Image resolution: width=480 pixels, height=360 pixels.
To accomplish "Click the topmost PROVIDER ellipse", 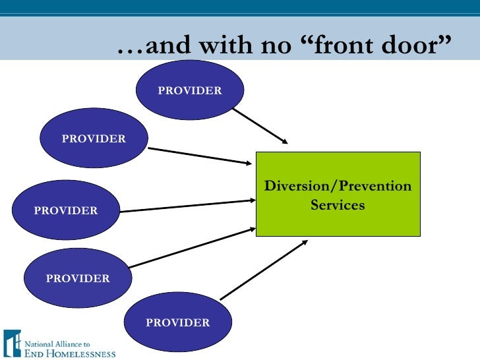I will pyautogui.click(x=190, y=91).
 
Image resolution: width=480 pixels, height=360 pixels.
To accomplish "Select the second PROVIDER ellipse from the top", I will pyautogui.click(x=94, y=138).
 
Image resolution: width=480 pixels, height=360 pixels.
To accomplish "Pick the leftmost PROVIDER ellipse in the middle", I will pyautogui.click(x=66, y=210).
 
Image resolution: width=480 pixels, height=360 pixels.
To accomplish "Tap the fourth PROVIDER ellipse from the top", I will pyautogui.click(x=78, y=278).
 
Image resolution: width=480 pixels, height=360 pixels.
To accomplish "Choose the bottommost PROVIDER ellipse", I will pyautogui.click(x=178, y=322).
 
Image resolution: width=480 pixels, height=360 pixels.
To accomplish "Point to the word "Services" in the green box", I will pyautogui.click(x=338, y=205).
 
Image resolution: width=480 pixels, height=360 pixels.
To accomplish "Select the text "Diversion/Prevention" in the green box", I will pyautogui.click(x=338, y=186).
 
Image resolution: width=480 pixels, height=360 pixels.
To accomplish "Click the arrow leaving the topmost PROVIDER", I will pyautogui.click(x=260, y=126).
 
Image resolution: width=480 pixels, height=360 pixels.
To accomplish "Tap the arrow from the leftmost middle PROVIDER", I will pyautogui.click(x=188, y=206).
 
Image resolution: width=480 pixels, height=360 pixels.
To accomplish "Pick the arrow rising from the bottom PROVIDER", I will pyautogui.click(x=264, y=270).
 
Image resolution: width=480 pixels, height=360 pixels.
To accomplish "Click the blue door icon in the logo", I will pyautogui.click(x=12, y=343).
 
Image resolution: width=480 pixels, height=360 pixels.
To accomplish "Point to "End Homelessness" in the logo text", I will pyautogui.click(x=69, y=353).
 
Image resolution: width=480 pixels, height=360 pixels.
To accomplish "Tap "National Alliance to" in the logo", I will pyautogui.click(x=57, y=344).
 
